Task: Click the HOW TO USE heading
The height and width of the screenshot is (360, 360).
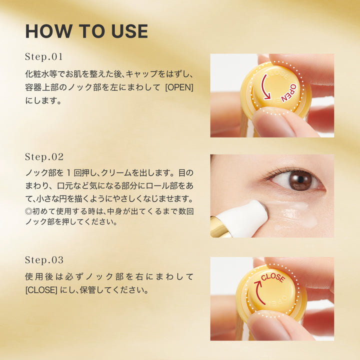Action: [x=86, y=31]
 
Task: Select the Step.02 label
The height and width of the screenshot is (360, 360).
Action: [x=44, y=156]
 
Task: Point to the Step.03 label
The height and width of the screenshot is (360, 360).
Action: [x=44, y=260]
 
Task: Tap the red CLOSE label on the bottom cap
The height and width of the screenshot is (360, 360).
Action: [x=273, y=276]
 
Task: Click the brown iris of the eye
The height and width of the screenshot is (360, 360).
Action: [x=300, y=180]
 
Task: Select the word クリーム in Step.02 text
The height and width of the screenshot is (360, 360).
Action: [x=131, y=172]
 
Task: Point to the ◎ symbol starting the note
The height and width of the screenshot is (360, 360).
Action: [x=28, y=211]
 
